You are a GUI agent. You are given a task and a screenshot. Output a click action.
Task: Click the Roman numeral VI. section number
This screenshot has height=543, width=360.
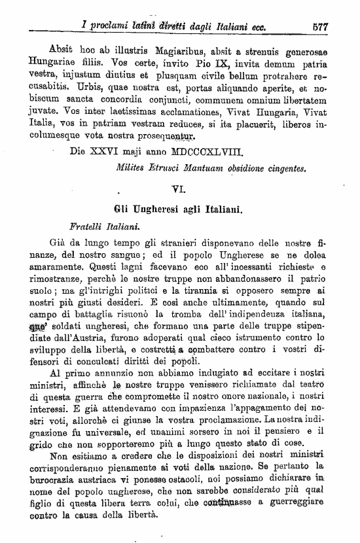click(x=178, y=190)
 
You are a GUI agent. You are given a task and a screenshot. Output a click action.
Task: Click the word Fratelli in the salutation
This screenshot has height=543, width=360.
click(x=86, y=228)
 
